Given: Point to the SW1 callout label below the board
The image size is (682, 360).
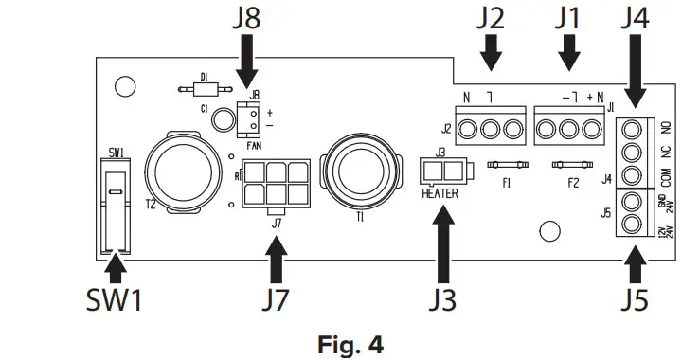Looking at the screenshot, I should [113, 302].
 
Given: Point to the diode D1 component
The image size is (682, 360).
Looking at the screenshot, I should [200, 90].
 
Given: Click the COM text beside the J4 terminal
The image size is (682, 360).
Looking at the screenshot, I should [666, 176].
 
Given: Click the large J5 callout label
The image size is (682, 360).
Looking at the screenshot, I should [637, 302].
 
